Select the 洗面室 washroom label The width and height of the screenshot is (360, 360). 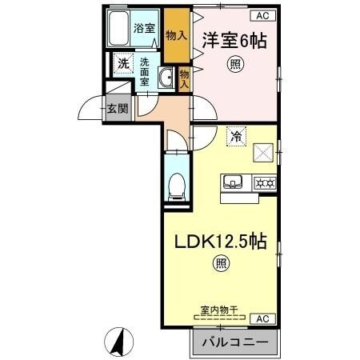coord(145,72)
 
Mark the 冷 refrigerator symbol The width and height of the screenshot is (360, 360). coord(235,137)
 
